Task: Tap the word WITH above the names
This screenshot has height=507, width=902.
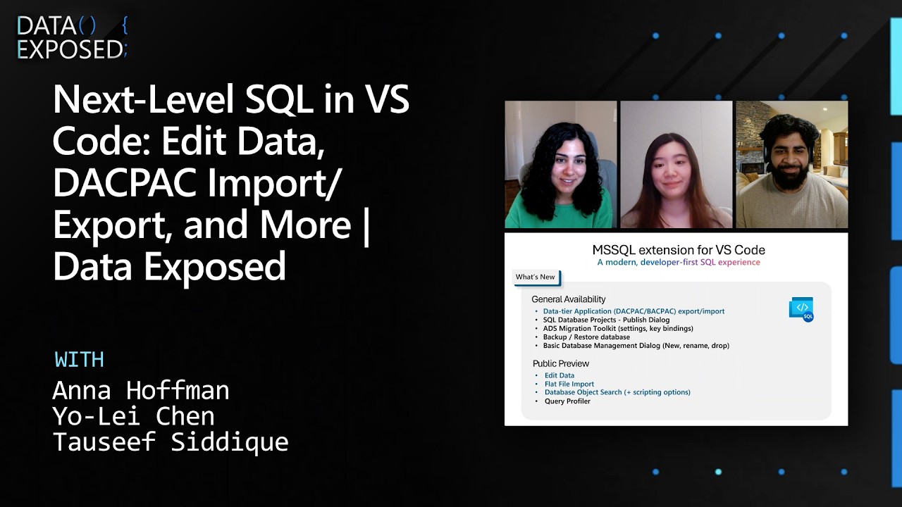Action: [x=79, y=360]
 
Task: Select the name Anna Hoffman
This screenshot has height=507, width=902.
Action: [x=141, y=390]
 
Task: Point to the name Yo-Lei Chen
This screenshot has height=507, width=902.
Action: [x=133, y=416]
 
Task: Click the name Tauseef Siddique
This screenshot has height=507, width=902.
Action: [x=171, y=442]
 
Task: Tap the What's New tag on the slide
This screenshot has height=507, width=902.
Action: [x=536, y=277]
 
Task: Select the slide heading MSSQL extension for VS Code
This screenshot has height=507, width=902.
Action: [x=678, y=250]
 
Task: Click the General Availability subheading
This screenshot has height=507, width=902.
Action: [x=568, y=299]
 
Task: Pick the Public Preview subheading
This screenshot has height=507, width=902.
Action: [x=560, y=363]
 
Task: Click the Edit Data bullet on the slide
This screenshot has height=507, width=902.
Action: [x=559, y=375]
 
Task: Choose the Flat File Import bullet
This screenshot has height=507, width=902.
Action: [x=569, y=384]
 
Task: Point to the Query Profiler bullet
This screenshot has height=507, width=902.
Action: [x=567, y=401]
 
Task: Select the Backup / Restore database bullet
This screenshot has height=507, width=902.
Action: [x=586, y=337]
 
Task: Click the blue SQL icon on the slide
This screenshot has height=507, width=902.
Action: [x=801, y=310]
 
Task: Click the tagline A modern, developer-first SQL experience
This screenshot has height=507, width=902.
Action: [x=678, y=263]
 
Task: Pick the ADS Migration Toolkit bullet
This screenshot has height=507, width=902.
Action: [x=618, y=328]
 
